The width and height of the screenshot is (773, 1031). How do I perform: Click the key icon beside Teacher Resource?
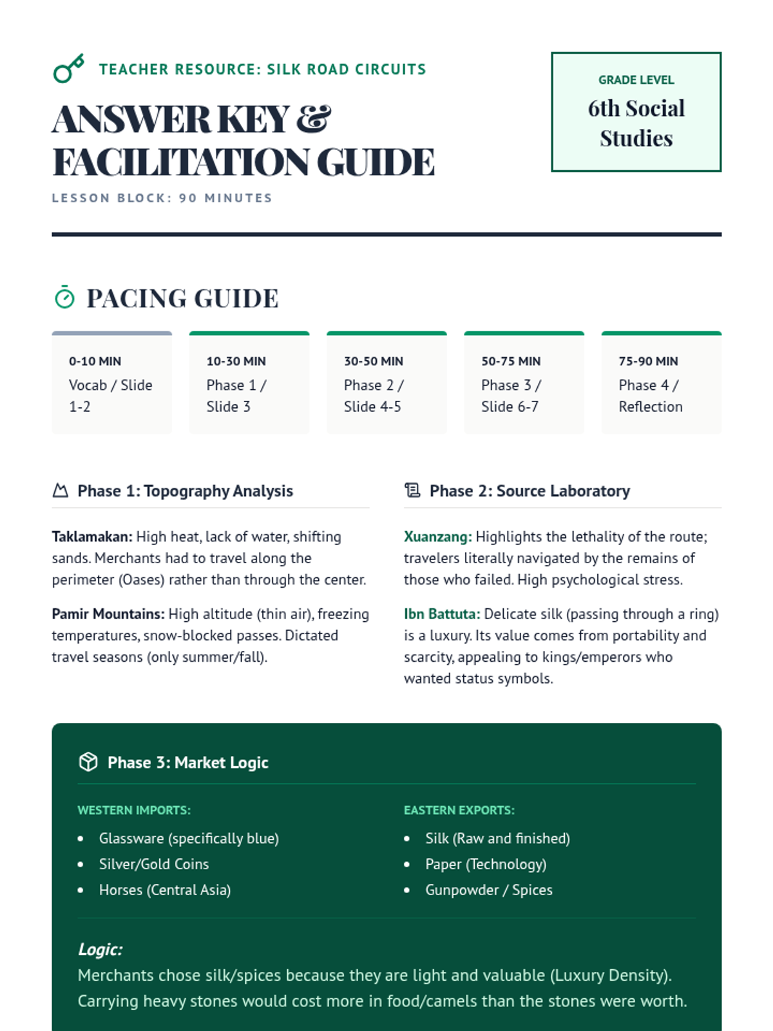point(68,68)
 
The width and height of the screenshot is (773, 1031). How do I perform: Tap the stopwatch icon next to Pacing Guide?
point(64,298)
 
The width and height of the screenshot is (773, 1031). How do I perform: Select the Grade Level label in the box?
point(636,80)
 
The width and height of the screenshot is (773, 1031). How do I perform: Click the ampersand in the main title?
point(314,119)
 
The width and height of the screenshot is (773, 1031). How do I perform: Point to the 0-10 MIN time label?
point(95,361)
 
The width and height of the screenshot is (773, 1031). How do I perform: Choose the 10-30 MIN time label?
point(236,361)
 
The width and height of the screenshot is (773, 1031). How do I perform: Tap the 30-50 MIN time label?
point(374,361)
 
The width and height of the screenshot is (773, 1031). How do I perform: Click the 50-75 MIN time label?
point(511,361)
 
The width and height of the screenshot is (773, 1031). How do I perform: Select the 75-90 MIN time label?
point(648,361)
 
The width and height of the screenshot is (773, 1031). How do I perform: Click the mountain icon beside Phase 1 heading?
point(60,491)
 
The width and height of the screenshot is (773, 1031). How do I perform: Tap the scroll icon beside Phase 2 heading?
point(412,491)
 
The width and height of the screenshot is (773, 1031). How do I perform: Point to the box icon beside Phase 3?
point(88,762)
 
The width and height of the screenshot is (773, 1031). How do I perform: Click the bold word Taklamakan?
point(92,537)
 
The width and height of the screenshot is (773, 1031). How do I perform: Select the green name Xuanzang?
point(437,537)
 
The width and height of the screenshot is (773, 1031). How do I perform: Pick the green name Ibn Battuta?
point(442,614)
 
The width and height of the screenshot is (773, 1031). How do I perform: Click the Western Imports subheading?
point(134,810)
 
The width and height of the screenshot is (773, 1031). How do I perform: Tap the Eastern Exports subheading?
point(459,810)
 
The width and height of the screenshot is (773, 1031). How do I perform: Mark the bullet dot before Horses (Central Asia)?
point(81,891)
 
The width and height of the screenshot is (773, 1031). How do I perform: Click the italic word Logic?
point(100,949)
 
